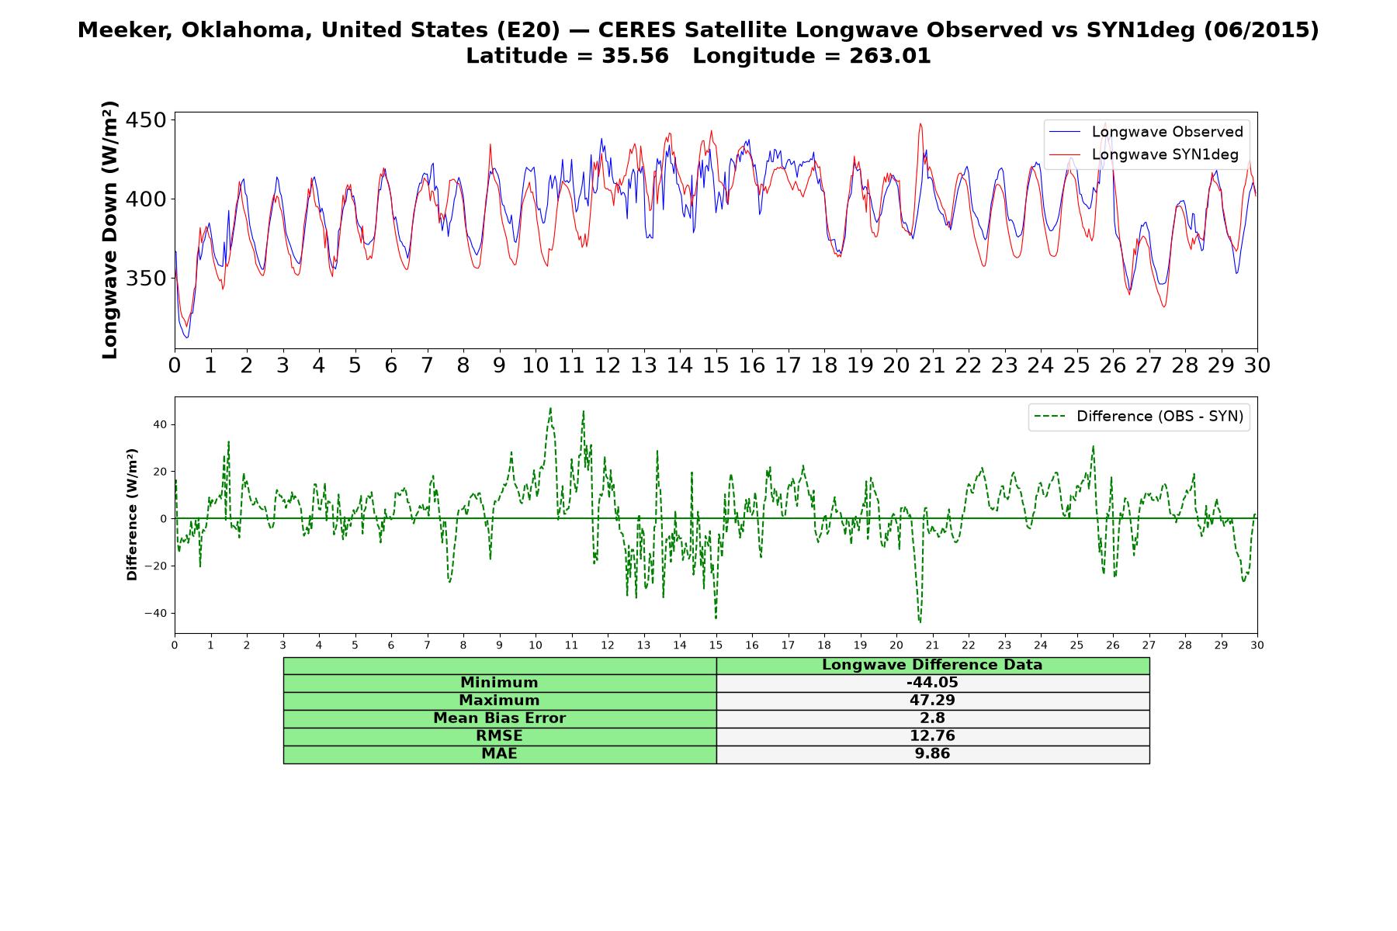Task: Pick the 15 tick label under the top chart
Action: coord(716,365)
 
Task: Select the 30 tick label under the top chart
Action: coord(1257,365)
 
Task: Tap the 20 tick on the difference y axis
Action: coord(160,472)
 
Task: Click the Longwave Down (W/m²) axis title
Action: coord(109,230)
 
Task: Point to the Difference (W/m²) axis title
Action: coord(132,514)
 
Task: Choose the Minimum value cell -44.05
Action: coord(932,683)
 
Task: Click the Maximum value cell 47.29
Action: coord(932,701)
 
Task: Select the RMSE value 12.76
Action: coord(932,736)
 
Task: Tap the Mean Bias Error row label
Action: coord(499,718)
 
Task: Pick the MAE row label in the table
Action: coord(499,754)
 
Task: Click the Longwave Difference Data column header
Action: coord(932,665)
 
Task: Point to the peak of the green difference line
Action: coord(550,408)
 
